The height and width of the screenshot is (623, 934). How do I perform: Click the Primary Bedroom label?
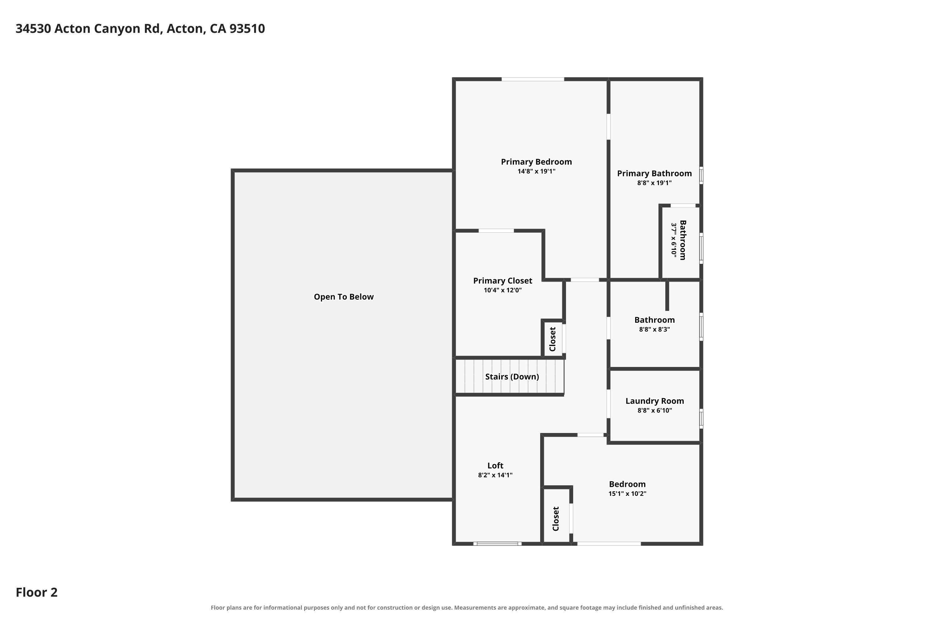(536, 162)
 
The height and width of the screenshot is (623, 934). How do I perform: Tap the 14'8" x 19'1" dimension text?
(536, 172)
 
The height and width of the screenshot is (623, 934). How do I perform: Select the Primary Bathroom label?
(654, 173)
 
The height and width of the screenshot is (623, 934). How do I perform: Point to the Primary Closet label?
(502, 281)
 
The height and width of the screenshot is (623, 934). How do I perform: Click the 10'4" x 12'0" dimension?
(502, 290)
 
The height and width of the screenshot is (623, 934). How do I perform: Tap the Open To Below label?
(343, 297)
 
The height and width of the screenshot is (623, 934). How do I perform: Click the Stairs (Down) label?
(512, 377)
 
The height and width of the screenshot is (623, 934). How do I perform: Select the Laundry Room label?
(654, 401)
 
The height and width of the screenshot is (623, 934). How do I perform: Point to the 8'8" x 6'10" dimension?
(654, 411)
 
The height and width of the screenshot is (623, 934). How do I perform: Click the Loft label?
(495, 465)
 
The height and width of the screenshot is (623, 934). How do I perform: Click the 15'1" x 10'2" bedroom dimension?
(627, 494)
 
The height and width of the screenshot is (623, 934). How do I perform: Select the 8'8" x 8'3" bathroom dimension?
(654, 329)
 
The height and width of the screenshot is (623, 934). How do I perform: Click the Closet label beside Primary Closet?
(552, 339)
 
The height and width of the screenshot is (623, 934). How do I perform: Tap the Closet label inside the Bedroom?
(555, 519)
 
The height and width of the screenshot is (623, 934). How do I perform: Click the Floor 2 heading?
(36, 592)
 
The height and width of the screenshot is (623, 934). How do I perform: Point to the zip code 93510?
(247, 29)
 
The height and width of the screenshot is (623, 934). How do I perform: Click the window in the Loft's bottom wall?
(497, 544)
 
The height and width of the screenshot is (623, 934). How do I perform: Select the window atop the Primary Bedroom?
(532, 79)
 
